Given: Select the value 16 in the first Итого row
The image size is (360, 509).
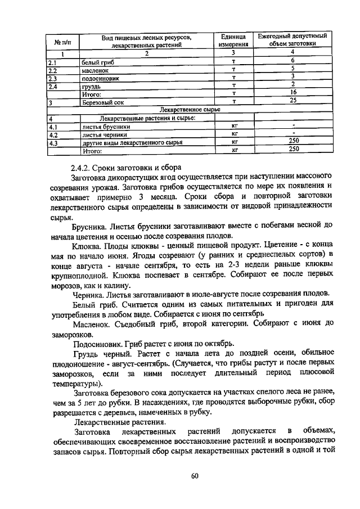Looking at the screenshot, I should coord(292,92).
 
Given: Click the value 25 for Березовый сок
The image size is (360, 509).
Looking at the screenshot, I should coord(292,100).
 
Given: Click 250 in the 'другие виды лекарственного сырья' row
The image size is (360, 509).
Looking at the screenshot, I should coord(292,141).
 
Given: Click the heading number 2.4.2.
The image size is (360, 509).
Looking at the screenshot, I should coord(84,167).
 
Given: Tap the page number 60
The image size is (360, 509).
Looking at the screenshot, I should coord(194,476).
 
